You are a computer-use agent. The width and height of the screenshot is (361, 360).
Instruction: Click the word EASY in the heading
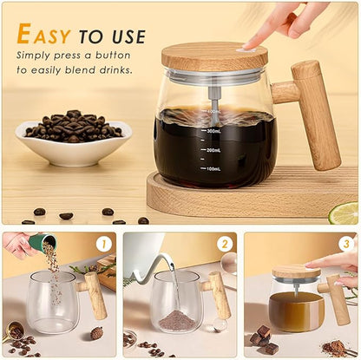45,35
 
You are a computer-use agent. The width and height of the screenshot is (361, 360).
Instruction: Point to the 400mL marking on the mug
213,112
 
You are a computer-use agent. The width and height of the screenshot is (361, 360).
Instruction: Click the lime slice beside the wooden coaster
345,213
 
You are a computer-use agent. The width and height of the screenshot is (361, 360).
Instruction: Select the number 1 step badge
103,245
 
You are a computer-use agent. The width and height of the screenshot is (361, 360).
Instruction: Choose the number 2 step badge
224,245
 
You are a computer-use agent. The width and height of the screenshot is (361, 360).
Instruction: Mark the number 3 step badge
345,245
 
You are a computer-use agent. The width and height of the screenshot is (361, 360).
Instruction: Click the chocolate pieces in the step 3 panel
263,339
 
